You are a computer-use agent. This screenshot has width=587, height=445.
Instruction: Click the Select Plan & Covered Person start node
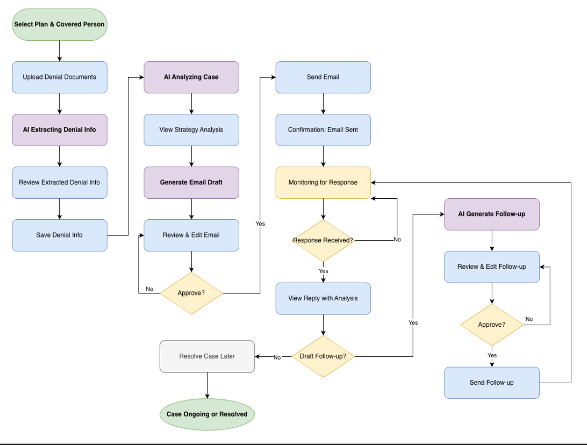coord(59,24)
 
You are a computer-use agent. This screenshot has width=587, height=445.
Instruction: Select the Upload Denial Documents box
coord(59,77)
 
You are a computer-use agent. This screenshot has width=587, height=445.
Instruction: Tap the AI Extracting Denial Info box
coord(59,130)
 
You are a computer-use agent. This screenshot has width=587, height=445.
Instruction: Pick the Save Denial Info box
coord(59,235)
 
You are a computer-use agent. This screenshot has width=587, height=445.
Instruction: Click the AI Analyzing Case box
coord(191,77)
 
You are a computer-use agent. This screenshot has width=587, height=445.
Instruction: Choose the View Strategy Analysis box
coord(191,130)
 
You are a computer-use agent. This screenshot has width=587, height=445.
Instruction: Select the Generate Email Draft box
coord(191,183)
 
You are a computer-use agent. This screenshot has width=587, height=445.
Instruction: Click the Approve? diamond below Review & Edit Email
coord(191,293)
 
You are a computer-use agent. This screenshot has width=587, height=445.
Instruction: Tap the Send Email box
coord(323,77)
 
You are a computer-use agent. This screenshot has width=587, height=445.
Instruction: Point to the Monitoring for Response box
coord(323,183)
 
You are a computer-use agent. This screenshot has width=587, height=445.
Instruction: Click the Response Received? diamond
coord(323,240)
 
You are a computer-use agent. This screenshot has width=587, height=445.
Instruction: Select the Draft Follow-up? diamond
coord(323,357)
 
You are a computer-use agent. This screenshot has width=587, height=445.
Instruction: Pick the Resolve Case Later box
coord(207,357)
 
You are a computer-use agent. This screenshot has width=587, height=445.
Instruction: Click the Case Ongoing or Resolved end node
coord(207,414)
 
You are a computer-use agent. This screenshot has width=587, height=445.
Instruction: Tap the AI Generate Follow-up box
coord(492,214)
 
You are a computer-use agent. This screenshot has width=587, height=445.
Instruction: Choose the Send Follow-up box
coord(492,383)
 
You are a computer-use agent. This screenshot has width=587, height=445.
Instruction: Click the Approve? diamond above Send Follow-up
coord(492,325)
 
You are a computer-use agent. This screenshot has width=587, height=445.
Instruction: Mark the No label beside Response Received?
coord(397,239)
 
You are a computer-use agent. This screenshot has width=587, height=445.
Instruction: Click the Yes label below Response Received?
coord(323,271)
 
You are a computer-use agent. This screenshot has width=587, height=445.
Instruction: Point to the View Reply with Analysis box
coord(323,298)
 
